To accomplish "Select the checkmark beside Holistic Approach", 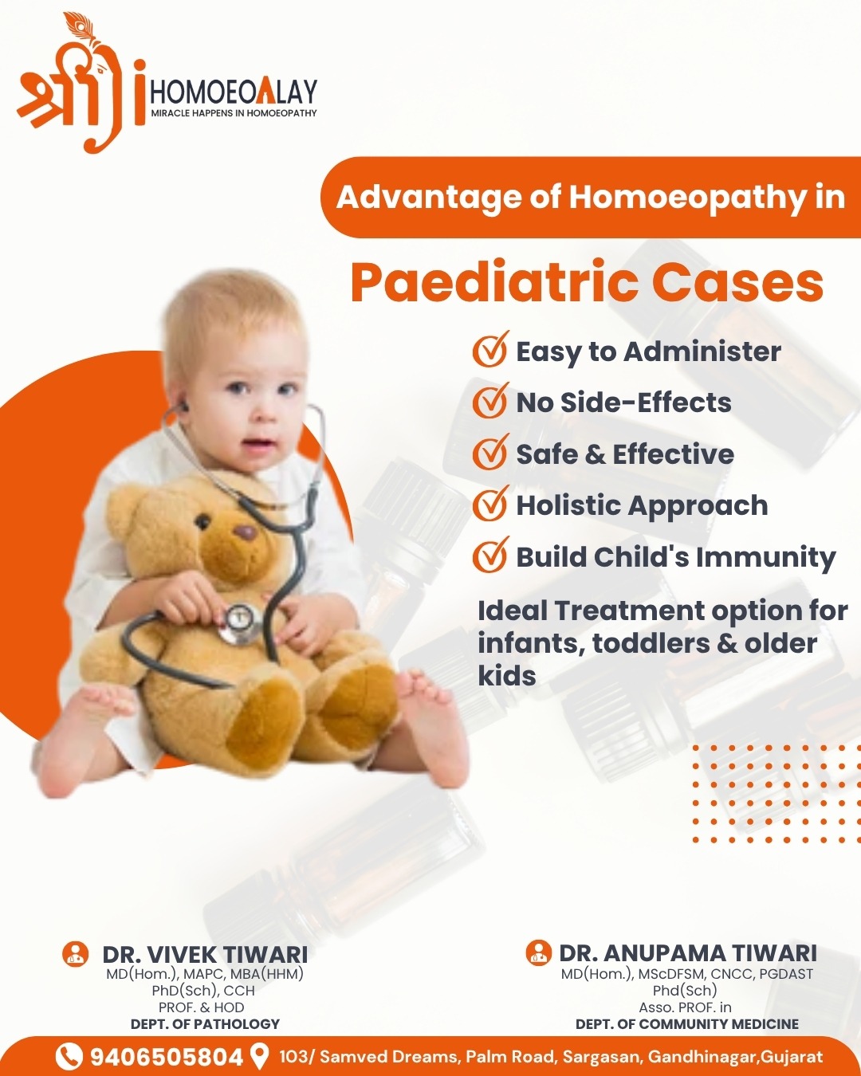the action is click(490, 504).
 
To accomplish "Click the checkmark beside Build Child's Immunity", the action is click(490, 555).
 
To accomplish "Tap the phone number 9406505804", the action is click(166, 1057).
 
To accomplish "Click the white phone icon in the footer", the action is click(68, 1057).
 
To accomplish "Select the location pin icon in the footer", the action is click(259, 1056).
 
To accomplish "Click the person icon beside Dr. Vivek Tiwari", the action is click(75, 953).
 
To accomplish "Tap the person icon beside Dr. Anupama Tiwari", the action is click(539, 952).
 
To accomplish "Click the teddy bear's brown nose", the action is click(245, 532).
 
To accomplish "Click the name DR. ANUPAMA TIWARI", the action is click(688, 953).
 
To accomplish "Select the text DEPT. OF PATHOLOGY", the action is click(205, 1024).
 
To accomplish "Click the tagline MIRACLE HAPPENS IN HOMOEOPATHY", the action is click(234, 113).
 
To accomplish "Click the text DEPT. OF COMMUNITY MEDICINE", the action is click(687, 1024).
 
